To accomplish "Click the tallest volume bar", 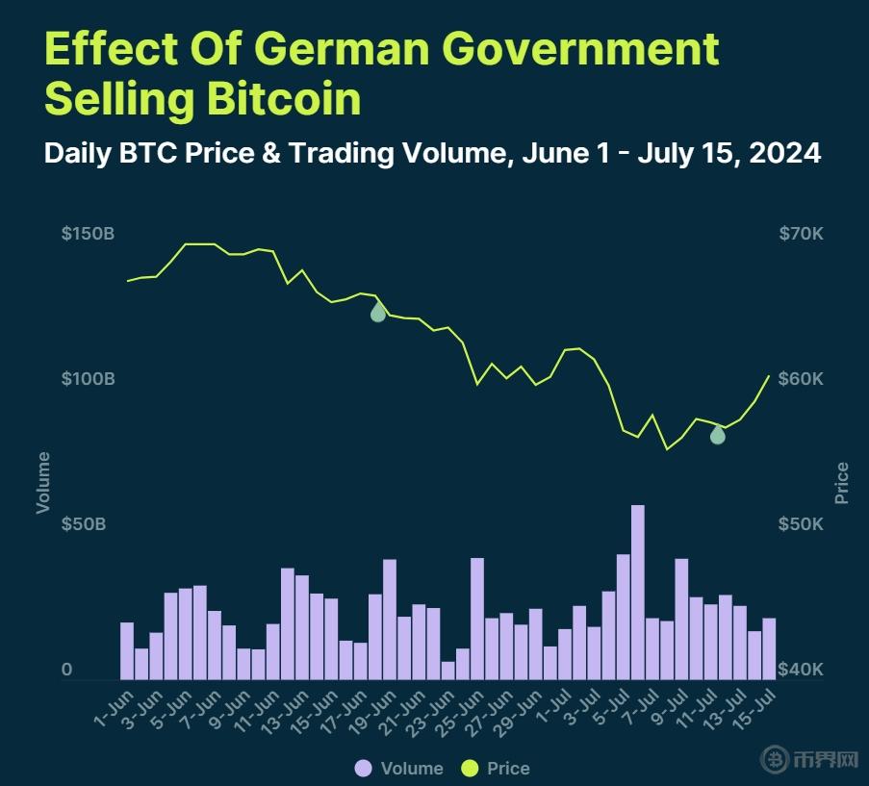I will (637, 592).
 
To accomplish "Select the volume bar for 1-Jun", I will (127, 650).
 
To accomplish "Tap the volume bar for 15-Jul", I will (769, 648).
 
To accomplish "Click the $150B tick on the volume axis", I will (89, 234).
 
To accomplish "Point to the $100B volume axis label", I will (89, 379).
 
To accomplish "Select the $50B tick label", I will (86, 524).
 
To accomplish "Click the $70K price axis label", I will (801, 234).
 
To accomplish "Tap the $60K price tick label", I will (801, 379).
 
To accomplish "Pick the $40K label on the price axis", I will (801, 670).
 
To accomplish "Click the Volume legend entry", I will (399, 768).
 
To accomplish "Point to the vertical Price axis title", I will (842, 483).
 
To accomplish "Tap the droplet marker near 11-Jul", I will (717, 434).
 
